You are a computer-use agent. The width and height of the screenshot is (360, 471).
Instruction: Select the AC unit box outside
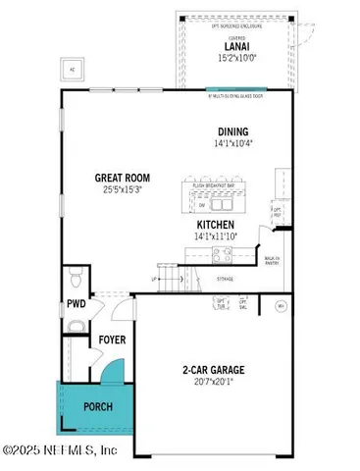click(x=72, y=71)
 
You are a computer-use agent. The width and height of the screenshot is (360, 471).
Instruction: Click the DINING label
click(x=232, y=131)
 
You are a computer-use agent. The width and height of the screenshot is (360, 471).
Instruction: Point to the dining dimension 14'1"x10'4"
click(x=232, y=143)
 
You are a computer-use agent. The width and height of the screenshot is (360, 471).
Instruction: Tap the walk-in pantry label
click(x=275, y=261)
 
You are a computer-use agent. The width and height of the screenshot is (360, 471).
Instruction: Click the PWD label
click(x=77, y=304)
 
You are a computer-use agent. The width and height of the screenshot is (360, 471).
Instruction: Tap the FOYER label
click(x=110, y=341)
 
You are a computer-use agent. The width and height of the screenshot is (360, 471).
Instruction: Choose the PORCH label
click(x=96, y=406)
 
